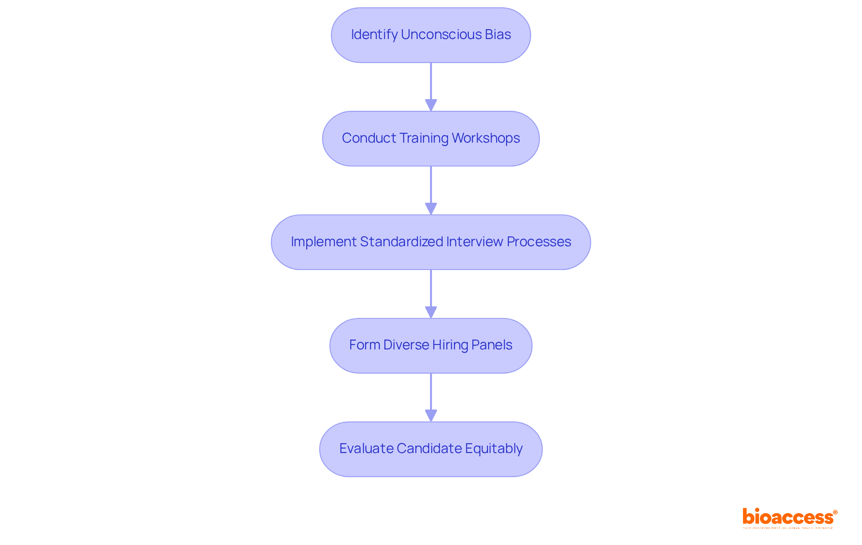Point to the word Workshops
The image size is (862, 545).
[486, 138]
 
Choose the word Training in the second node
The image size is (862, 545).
[423, 138]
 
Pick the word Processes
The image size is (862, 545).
[539, 242]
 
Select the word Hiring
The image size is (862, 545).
[450, 345]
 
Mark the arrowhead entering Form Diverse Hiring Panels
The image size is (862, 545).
[431, 312]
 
